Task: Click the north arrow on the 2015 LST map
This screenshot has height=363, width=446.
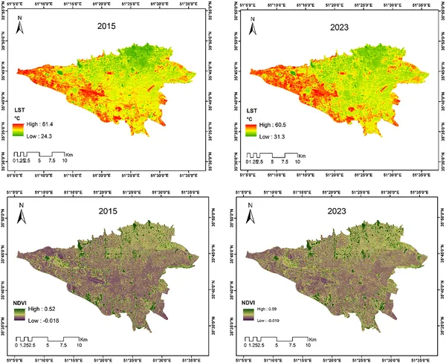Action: pos(22,28)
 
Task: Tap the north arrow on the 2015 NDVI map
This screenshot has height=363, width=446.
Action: pos(22,211)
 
